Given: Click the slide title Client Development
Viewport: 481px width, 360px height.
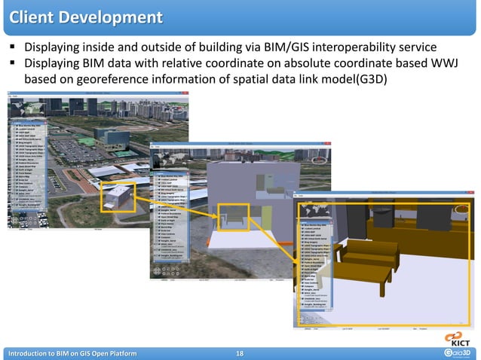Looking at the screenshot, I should point(85,17).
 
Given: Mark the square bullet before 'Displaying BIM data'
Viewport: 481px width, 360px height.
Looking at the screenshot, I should point(14,64).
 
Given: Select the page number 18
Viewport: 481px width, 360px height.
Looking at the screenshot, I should point(240,352).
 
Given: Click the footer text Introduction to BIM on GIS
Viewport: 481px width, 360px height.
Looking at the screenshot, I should point(72,352).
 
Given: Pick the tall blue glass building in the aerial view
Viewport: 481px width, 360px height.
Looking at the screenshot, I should point(120,124).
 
